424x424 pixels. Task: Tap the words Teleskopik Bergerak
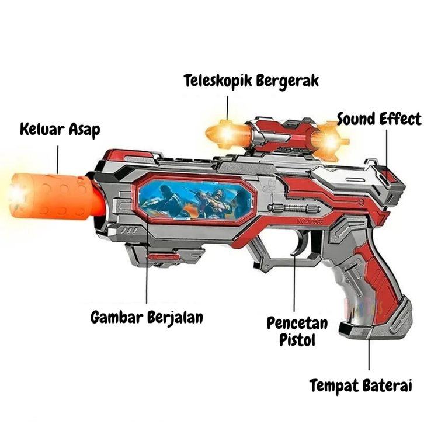click(x=251, y=81)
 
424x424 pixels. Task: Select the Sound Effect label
click(x=379, y=120)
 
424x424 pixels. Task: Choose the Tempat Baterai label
click(x=361, y=385)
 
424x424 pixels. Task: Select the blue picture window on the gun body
click(x=196, y=199)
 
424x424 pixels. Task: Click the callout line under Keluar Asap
click(x=58, y=158)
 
